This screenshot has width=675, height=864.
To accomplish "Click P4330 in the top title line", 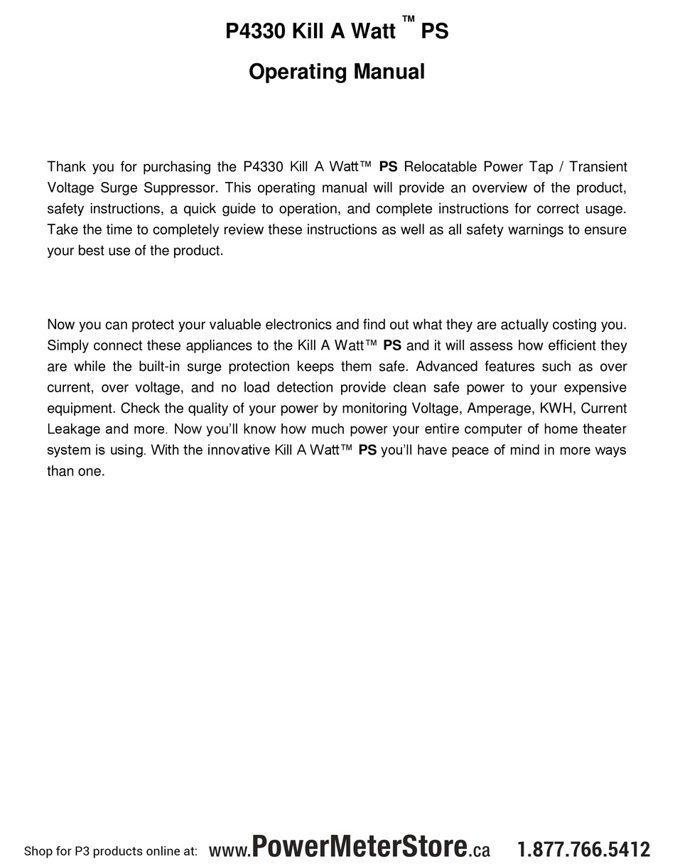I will pyautogui.click(x=256, y=32).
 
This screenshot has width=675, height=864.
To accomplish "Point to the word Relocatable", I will pyautogui.click(x=440, y=167).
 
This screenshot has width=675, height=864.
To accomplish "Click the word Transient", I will pyautogui.click(x=598, y=167).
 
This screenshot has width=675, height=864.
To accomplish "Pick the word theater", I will pyautogui.click(x=602, y=429).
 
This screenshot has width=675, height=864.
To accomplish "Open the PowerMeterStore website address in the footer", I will pyautogui.click(x=350, y=848).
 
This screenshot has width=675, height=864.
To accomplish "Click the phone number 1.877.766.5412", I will pyautogui.click(x=583, y=849).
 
